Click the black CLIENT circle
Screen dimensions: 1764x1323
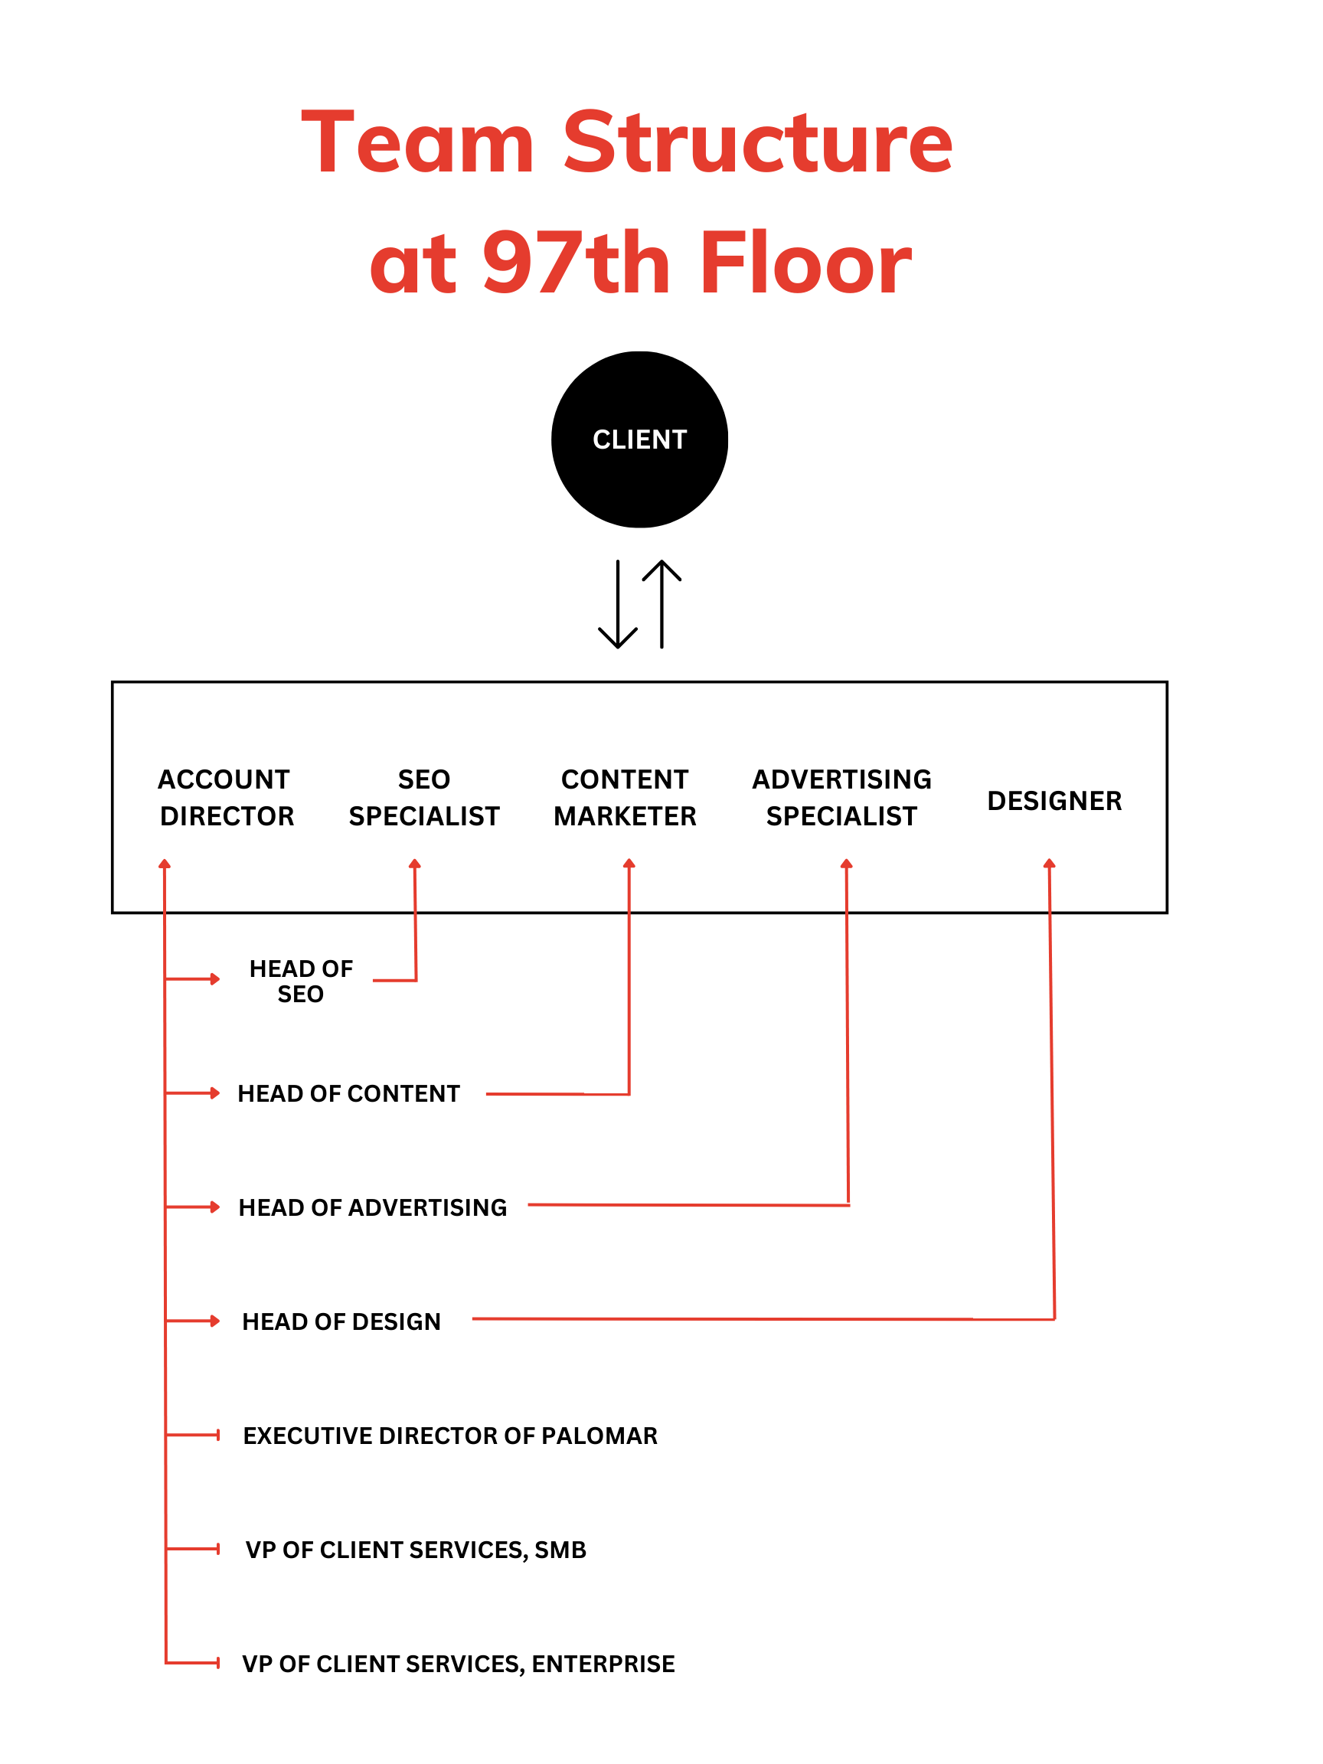[x=639, y=439]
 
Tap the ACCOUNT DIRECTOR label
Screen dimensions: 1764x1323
[x=227, y=798]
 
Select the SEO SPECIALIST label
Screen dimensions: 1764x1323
[x=423, y=798]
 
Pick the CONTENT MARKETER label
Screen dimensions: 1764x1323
[x=625, y=798]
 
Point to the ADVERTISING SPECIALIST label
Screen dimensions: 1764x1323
[x=841, y=798]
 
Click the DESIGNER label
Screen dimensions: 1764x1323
[x=1053, y=801]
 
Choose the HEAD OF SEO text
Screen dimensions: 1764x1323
[x=301, y=981]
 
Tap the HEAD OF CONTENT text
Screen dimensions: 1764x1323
[x=348, y=1093]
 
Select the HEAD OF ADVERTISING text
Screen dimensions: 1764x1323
[x=372, y=1207]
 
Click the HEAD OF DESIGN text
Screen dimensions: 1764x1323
[x=341, y=1321]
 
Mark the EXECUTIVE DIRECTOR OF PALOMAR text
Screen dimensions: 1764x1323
[x=449, y=1436]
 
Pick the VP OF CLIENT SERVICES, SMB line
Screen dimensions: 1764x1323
[x=416, y=1550]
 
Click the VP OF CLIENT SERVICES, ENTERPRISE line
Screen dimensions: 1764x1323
[x=458, y=1664]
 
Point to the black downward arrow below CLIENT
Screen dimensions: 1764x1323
[x=617, y=606]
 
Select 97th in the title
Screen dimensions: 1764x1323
[x=576, y=263]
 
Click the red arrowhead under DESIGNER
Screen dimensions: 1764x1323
[x=1049, y=864]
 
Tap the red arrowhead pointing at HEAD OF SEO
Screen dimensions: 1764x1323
[x=214, y=978]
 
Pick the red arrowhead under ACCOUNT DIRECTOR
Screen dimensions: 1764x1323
[x=165, y=864]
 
